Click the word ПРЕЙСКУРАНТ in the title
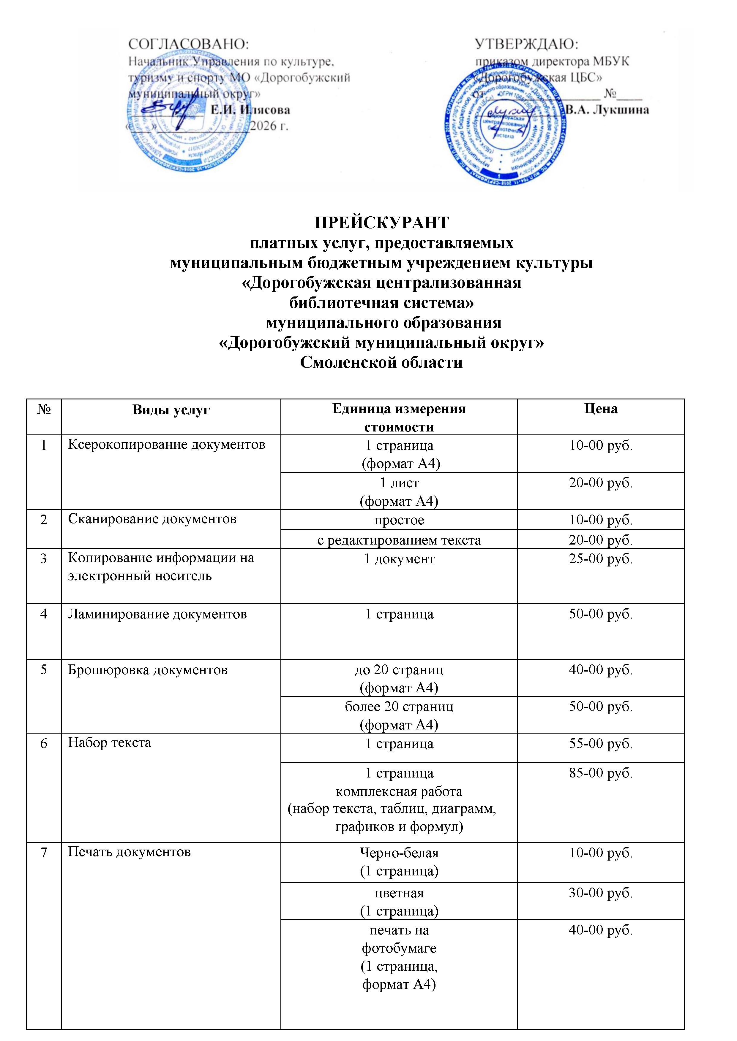pyautogui.click(x=382, y=222)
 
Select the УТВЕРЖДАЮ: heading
pyautogui.click(x=526, y=45)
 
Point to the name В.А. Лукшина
pyautogui.click(x=607, y=110)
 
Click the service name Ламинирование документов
pyautogui.click(x=157, y=614)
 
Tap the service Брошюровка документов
pyautogui.click(x=148, y=670)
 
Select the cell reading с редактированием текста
pyautogui.click(x=399, y=540)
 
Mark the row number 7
pyautogui.click(x=44, y=852)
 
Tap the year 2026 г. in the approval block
pyautogui.click(x=269, y=126)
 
